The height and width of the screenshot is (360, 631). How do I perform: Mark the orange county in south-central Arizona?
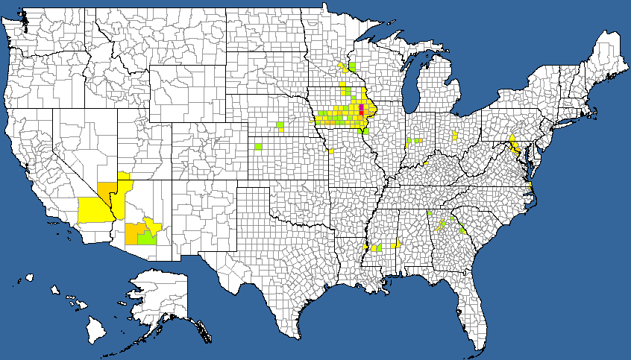[132, 233]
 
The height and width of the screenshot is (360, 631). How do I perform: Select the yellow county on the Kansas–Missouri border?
[330, 151]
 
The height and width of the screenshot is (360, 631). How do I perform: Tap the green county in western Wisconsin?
[351, 66]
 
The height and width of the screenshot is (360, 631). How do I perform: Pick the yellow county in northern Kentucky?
[425, 162]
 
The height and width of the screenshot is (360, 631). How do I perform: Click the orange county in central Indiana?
[409, 142]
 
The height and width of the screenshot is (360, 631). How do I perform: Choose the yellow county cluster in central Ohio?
[455, 136]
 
